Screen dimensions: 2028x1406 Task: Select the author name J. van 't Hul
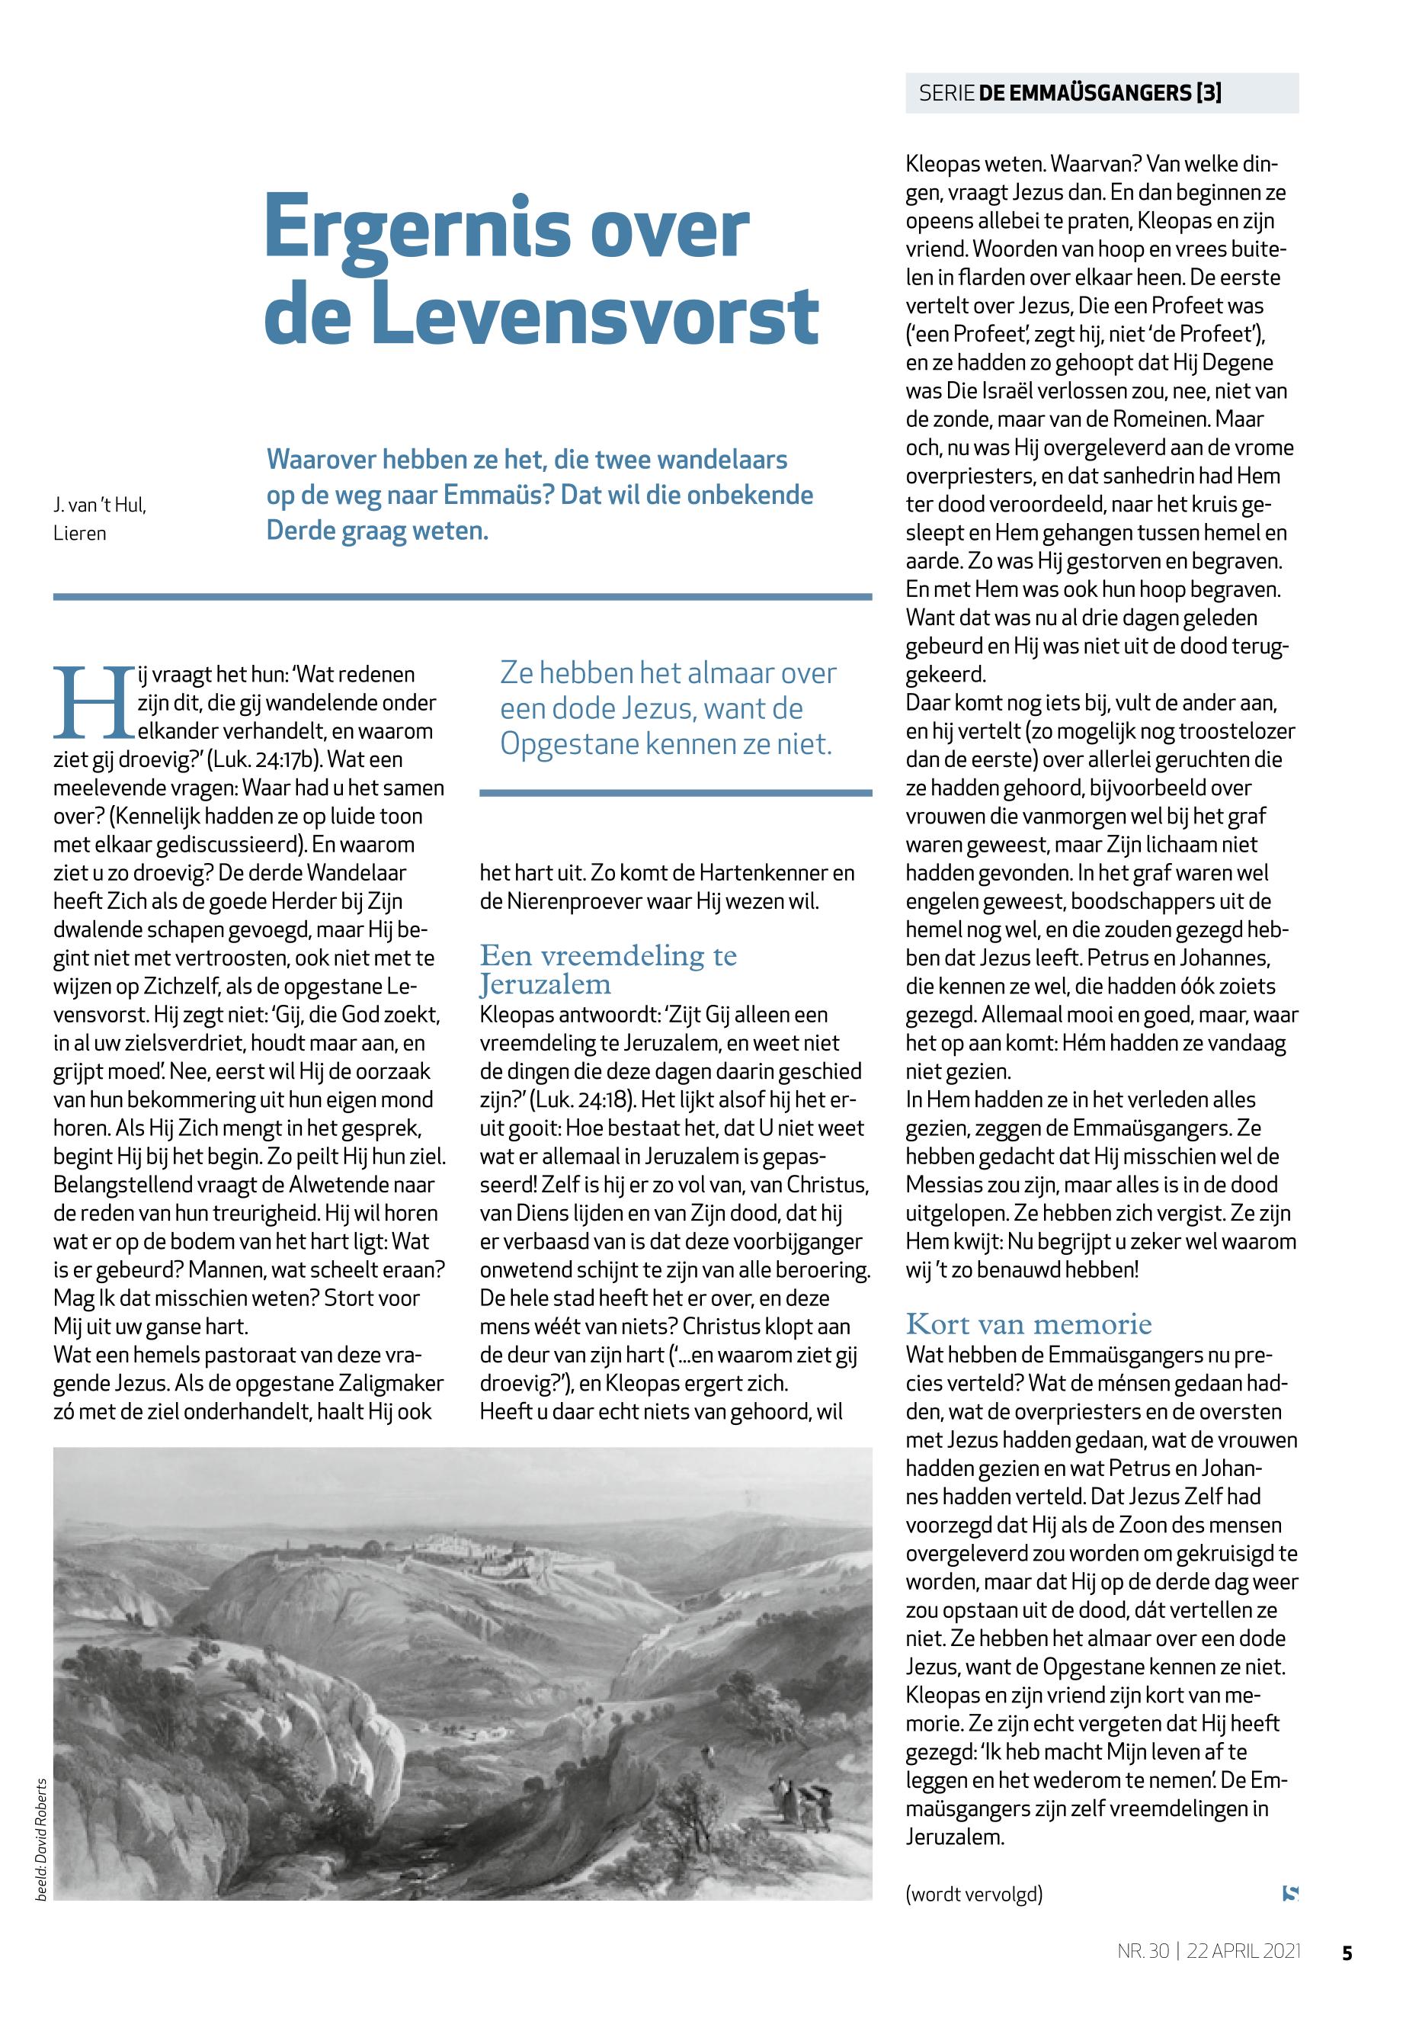(98, 506)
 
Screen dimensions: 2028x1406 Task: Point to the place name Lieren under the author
(80, 533)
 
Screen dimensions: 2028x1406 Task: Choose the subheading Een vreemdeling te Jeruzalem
(608, 968)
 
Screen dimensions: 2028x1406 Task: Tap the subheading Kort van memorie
(1028, 1324)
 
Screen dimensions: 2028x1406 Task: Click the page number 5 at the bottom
(1346, 1953)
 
